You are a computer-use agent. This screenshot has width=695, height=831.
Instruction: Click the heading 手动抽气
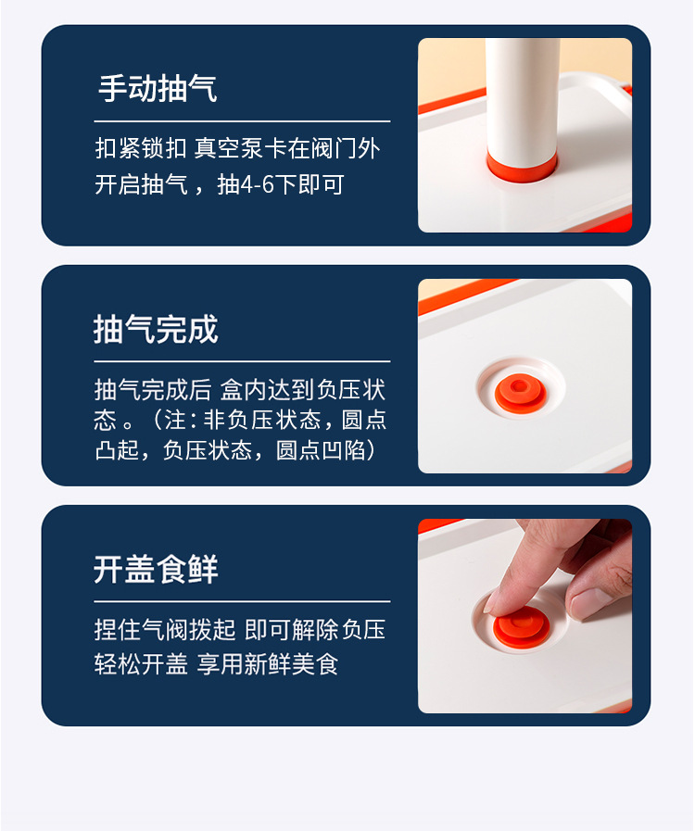pyautogui.click(x=158, y=89)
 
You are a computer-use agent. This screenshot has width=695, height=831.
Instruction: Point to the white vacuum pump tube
pyautogui.click(x=522, y=93)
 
